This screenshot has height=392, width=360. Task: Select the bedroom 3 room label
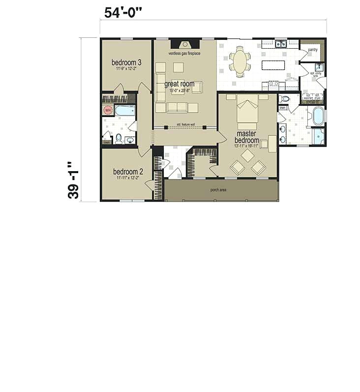(126, 62)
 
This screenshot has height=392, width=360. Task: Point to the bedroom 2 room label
(128, 172)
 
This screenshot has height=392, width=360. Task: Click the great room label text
(179, 84)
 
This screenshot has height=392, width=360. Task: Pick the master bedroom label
(246, 137)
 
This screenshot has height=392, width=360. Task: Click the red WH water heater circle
(108, 110)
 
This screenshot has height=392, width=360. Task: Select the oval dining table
(240, 62)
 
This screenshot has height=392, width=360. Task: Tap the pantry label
(312, 50)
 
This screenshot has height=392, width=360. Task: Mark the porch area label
(218, 190)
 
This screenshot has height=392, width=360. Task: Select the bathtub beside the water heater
(125, 110)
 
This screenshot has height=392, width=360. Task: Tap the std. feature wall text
(185, 125)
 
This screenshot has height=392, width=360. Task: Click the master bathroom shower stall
(318, 135)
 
